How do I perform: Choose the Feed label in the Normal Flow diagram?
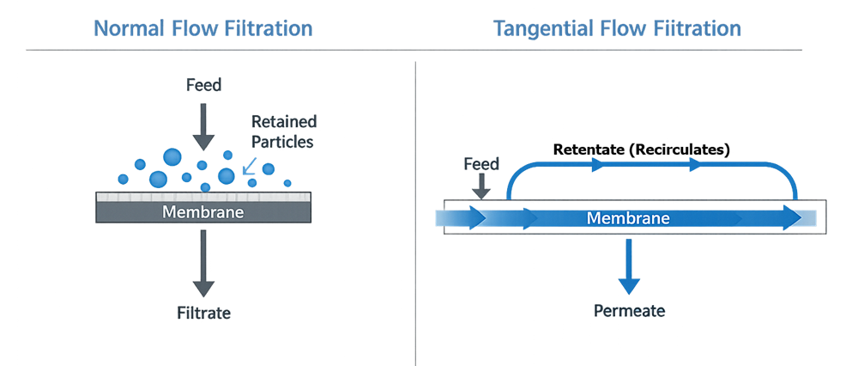point(203,85)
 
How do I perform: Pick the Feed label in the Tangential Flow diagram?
point(481,164)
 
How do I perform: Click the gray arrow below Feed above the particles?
point(203,125)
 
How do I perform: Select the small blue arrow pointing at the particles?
point(249,168)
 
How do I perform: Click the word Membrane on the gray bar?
point(203,212)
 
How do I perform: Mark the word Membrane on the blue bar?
point(628,218)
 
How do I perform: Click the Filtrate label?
point(203,313)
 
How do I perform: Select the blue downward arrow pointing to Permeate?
point(630,266)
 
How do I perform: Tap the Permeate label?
point(629,310)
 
